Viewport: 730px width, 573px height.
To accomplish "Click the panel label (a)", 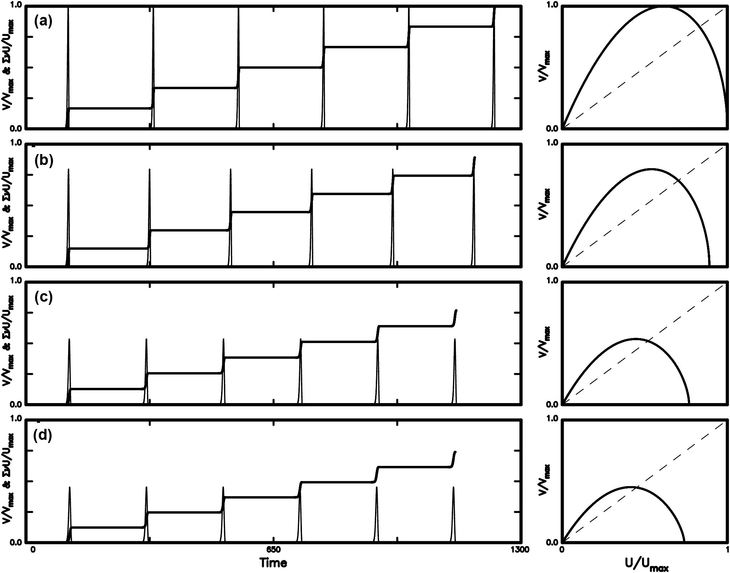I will [x=43, y=22].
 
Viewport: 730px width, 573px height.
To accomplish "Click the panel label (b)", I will [x=43, y=160].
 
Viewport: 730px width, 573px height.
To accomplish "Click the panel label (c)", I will [x=43, y=298].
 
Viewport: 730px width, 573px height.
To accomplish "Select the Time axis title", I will [x=273, y=562].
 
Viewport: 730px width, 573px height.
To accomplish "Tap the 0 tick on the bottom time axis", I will [x=32, y=550].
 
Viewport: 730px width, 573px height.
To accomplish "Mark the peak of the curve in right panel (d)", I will [x=630, y=487].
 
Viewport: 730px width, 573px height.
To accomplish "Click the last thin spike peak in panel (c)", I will [x=455, y=339].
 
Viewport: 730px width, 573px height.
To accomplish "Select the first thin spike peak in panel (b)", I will [x=69, y=170].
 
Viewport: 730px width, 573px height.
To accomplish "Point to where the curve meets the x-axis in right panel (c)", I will [x=689, y=404].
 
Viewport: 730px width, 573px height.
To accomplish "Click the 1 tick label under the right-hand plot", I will [x=726, y=550].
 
